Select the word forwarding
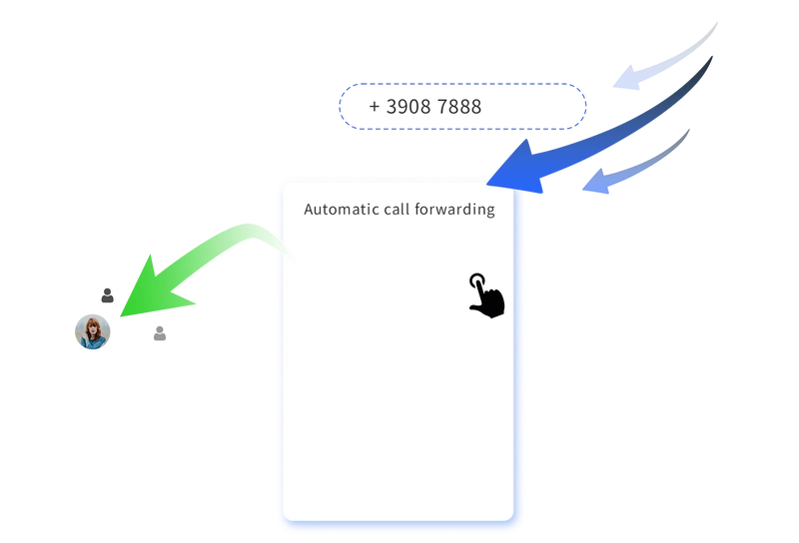point(455,211)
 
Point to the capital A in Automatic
point(309,211)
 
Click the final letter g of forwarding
point(490,213)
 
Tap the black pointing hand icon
point(486,296)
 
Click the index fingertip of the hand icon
point(476,279)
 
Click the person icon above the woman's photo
point(107,295)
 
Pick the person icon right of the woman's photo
point(160,333)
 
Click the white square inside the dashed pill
point(522,107)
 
